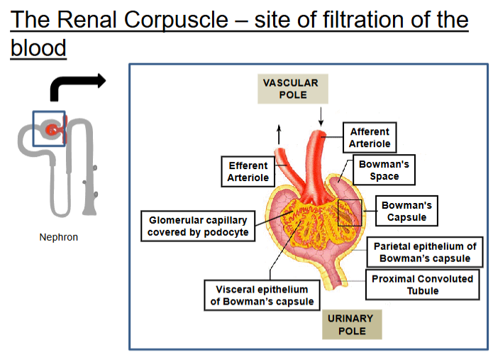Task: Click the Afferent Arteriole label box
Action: pyautogui.click(x=370, y=138)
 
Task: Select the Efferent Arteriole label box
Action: pyautogui.click(x=248, y=172)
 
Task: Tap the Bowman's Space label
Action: pyautogui.click(x=384, y=170)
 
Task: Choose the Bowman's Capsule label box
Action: pyautogui.click(x=406, y=211)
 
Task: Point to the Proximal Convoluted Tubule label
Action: pyautogui.click(x=423, y=285)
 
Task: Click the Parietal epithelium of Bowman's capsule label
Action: pyautogui.click(x=425, y=252)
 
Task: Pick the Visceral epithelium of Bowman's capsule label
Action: pyautogui.click(x=262, y=295)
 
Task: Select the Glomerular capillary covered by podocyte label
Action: pyautogui.click(x=198, y=226)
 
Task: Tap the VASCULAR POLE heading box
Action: pyautogui.click(x=293, y=89)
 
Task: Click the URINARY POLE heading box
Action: pyautogui.click(x=352, y=324)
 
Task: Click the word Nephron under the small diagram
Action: pyautogui.click(x=58, y=237)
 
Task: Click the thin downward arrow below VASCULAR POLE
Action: pyautogui.click(x=321, y=116)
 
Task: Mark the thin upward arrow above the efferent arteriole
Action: pyautogui.click(x=279, y=134)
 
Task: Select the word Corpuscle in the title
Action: pyautogui.click(x=176, y=19)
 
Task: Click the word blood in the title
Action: pyautogui.click(x=38, y=48)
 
